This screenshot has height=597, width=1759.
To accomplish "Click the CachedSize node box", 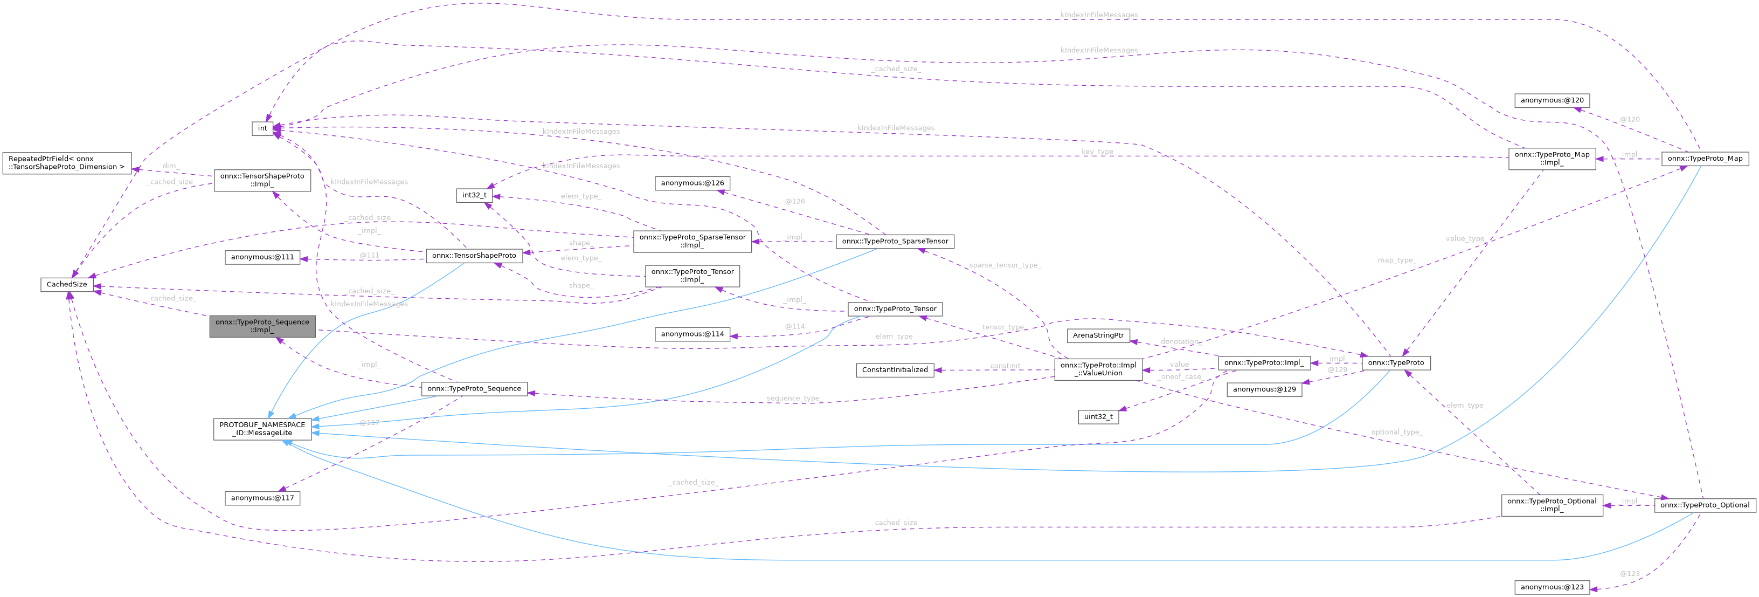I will [66, 284].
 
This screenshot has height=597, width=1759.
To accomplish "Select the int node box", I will [262, 128].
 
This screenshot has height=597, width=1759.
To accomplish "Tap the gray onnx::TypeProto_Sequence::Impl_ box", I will [262, 326].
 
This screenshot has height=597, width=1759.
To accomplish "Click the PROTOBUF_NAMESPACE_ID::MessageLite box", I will [262, 429].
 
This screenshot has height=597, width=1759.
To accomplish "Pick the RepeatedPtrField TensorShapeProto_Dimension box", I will [67, 162].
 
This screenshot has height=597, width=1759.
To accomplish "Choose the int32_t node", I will [474, 195].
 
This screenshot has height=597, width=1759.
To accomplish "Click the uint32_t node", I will [1098, 417].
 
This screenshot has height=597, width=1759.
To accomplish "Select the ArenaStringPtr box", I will [1098, 335].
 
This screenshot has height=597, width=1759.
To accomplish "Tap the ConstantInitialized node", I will [895, 369].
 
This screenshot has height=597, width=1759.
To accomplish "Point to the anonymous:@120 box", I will [1552, 100].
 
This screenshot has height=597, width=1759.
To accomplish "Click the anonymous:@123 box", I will [1552, 587].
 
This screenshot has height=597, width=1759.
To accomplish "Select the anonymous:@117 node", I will [262, 498].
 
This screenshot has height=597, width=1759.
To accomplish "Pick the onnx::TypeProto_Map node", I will [1705, 159].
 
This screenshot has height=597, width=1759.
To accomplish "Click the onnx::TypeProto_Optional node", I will [1705, 505].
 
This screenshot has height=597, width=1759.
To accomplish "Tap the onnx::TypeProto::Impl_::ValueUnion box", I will [1098, 369].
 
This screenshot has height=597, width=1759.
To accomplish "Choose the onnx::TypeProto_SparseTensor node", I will [895, 241].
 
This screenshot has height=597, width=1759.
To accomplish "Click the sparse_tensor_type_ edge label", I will [1005, 265].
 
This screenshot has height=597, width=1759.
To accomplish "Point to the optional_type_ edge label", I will [1396, 433].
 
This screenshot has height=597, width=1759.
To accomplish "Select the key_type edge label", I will [1097, 152].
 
